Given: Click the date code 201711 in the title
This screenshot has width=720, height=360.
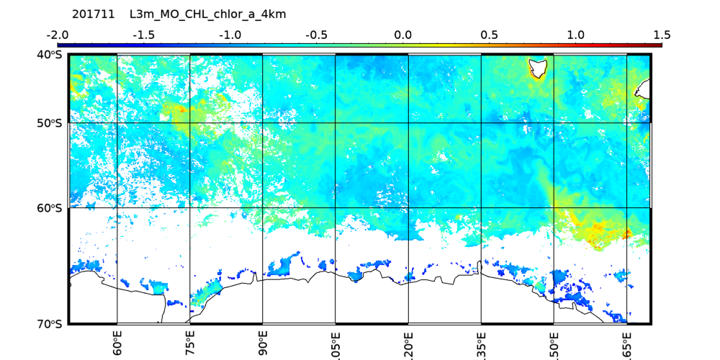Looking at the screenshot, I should [x=93, y=14].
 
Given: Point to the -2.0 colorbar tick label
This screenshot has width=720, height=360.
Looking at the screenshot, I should [x=57, y=35].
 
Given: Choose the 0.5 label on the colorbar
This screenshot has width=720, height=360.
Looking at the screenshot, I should [x=489, y=35].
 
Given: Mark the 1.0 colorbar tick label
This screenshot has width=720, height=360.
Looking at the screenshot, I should [x=575, y=35].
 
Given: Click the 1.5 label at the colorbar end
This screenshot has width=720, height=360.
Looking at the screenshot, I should [x=662, y=35].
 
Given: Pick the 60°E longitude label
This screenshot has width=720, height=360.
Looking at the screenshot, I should [x=117, y=343].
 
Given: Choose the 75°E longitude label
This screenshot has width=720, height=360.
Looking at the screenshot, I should [x=190, y=343].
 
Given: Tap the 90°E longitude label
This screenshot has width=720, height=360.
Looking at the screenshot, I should [x=263, y=343].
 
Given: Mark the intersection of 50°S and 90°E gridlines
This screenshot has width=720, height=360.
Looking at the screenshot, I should [x=263, y=123].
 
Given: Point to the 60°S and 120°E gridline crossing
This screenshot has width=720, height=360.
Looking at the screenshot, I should [x=408, y=208].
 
